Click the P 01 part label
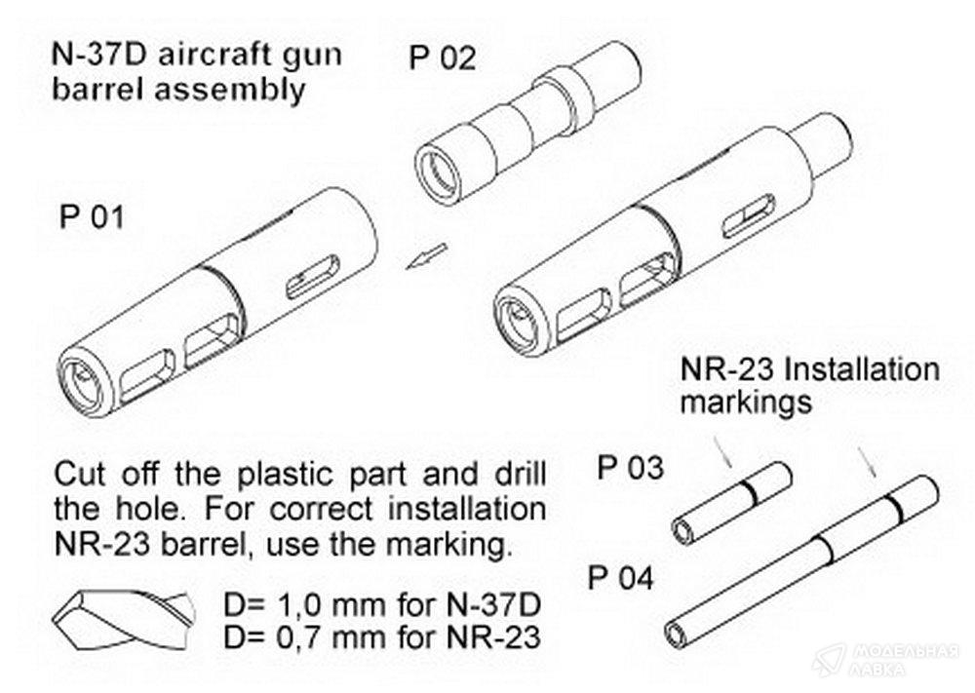coord(93,216)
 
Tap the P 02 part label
coord(442,59)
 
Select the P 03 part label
coord(630,469)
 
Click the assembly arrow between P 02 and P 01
coord(425,255)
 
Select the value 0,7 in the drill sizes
coord(284,638)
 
